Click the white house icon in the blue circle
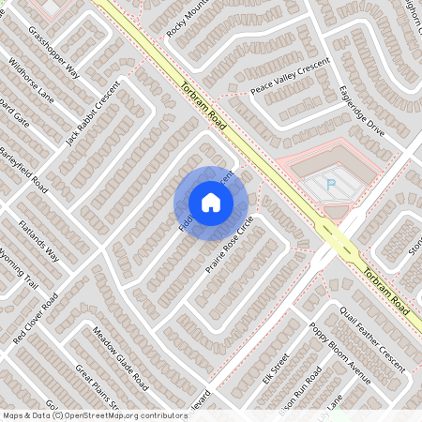pos(211,202)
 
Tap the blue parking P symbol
pos(330,185)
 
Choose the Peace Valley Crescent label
pos(290,78)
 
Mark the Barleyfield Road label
pos(24,167)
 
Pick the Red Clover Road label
pos(36,318)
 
